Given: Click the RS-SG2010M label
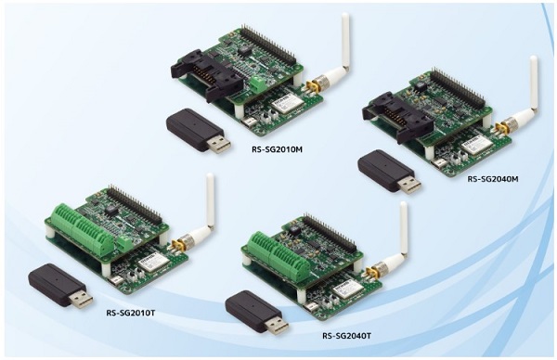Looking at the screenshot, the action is tap(277, 148).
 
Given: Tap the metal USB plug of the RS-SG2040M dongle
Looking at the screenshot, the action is tap(409, 183).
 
